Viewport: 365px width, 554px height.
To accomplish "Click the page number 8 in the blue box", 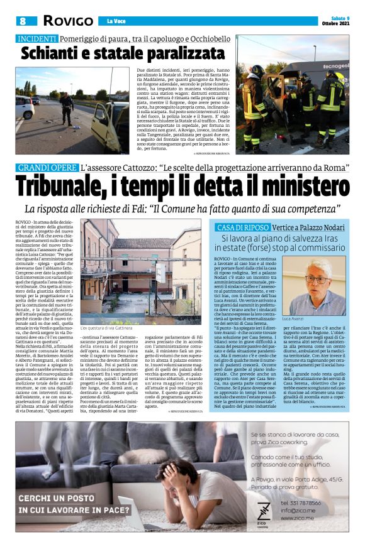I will [x=23, y=21].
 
